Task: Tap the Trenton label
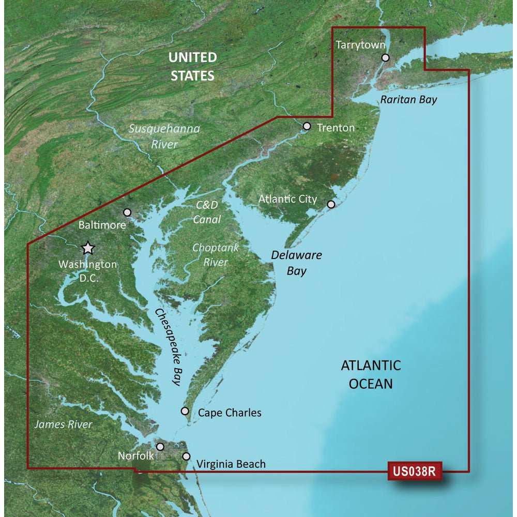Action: tap(336, 127)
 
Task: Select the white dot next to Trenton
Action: tap(307, 126)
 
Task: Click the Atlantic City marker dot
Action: tap(331, 204)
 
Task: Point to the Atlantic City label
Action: tap(287, 199)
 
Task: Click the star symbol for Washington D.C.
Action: tap(88, 248)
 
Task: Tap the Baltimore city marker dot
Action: tap(128, 212)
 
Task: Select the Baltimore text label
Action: tap(102, 225)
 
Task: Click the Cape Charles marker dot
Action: tap(185, 411)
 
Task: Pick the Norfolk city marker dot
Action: tap(160, 446)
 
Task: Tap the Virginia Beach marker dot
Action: tap(186, 457)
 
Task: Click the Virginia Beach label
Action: tap(231, 464)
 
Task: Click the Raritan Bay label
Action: tap(408, 100)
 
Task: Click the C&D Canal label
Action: tap(207, 212)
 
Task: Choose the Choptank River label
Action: tap(216, 255)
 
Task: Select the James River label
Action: tap(63, 424)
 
